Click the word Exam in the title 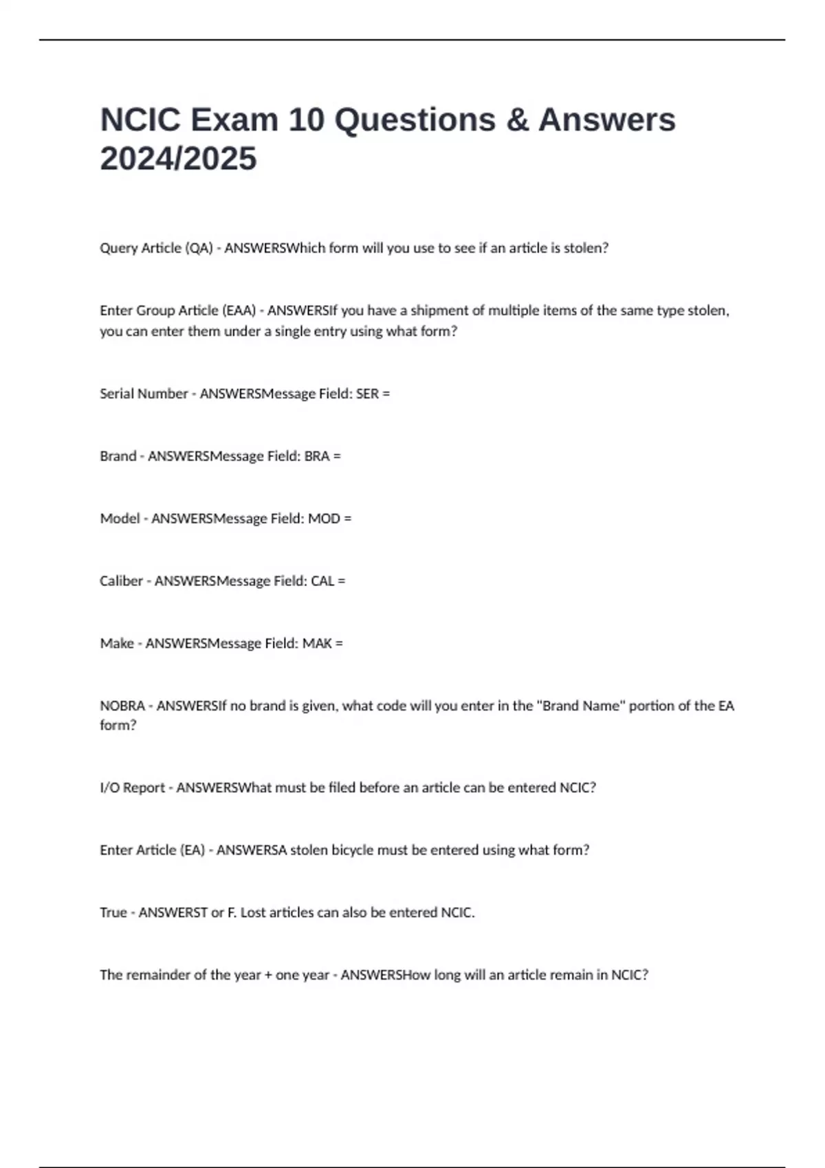tap(234, 120)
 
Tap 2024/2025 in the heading tap(178, 159)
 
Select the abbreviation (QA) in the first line tap(199, 248)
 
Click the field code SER tap(366, 394)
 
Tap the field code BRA tap(316, 456)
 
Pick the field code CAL tap(322, 581)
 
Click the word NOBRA tap(122, 706)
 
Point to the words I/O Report tap(132, 788)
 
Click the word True tap(113, 913)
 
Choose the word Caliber tap(121, 581)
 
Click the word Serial tap(118, 394)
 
